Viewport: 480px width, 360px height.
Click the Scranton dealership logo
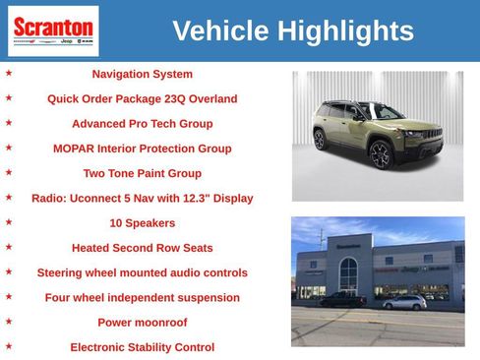pyautogui.click(x=53, y=30)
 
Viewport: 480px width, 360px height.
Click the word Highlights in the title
pyautogui.click(x=345, y=30)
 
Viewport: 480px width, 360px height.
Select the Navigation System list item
pyautogui.click(x=142, y=74)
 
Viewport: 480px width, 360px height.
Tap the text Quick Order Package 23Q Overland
pyautogui.click(x=142, y=98)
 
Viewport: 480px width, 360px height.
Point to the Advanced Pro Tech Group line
pyautogui.click(x=142, y=124)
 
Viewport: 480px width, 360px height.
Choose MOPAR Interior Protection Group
pyautogui.click(x=142, y=149)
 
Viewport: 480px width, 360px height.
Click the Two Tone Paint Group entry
pyautogui.click(x=142, y=173)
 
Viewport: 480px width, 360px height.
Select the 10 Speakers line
pyautogui.click(x=142, y=223)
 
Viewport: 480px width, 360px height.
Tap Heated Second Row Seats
pyautogui.click(x=142, y=248)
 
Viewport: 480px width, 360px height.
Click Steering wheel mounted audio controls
pyautogui.click(x=142, y=272)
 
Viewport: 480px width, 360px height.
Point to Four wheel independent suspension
pyautogui.click(x=142, y=297)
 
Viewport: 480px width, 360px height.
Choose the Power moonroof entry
pyautogui.click(x=142, y=323)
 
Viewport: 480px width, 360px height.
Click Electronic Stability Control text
pyautogui.click(x=142, y=347)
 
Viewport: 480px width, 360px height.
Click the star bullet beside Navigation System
pyautogui.click(x=9, y=73)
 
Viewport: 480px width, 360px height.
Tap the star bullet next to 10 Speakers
pyautogui.click(x=9, y=222)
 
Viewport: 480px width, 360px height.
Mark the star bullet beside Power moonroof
pyautogui.click(x=9, y=322)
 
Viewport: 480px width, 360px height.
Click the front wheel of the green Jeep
pyautogui.click(x=382, y=155)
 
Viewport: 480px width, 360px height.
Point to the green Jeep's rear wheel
pyautogui.click(x=320, y=139)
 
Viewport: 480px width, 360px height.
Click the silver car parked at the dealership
pyautogui.click(x=403, y=303)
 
